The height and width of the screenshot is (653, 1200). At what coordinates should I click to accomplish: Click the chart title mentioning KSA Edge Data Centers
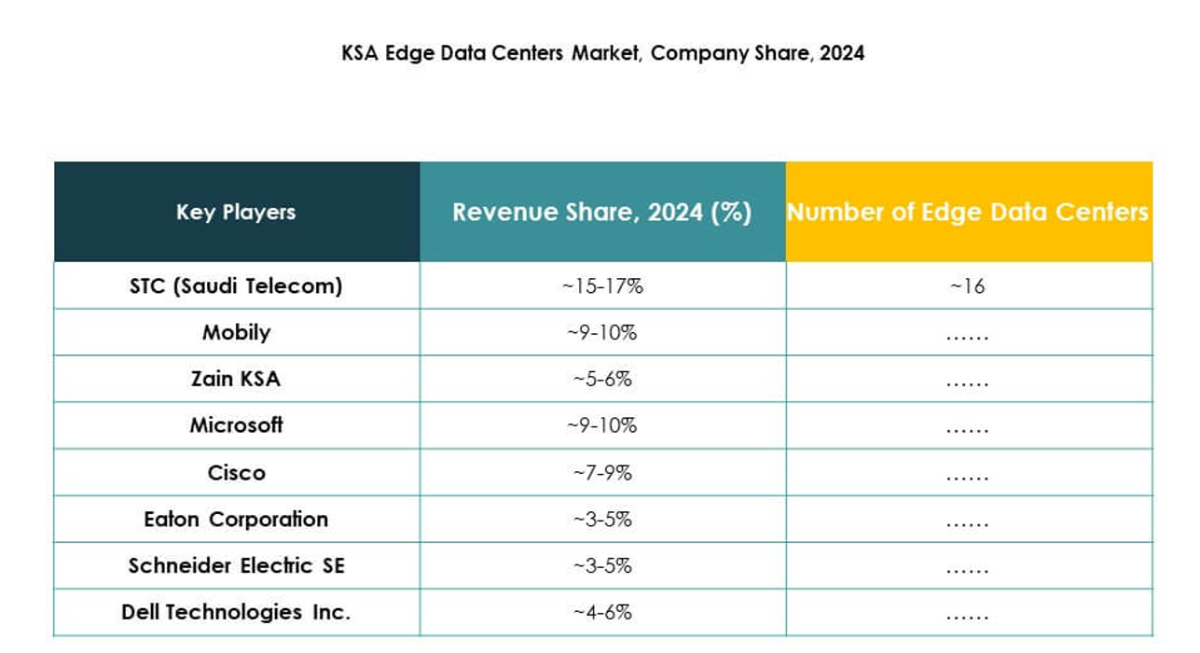(x=603, y=53)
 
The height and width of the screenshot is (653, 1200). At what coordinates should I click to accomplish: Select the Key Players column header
(x=236, y=212)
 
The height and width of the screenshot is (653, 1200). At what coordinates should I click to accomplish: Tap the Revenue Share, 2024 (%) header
(x=601, y=212)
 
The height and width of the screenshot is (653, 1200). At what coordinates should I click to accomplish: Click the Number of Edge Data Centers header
(x=968, y=212)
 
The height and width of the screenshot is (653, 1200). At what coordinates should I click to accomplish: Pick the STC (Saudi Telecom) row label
(x=236, y=285)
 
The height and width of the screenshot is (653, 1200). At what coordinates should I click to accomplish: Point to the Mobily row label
(x=236, y=332)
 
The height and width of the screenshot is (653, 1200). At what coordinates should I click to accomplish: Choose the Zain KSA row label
(x=236, y=379)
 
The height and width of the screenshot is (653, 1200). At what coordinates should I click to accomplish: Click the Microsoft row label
(x=236, y=425)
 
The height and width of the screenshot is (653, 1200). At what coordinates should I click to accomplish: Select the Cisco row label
(x=236, y=472)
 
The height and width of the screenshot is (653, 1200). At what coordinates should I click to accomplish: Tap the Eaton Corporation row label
(x=236, y=519)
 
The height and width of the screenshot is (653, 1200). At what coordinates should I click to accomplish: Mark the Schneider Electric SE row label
(x=236, y=565)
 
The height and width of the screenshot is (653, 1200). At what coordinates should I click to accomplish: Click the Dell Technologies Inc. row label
(x=236, y=612)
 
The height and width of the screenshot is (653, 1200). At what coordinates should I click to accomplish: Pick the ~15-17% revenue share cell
(x=602, y=285)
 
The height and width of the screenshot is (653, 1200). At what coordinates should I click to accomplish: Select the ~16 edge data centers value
(x=967, y=285)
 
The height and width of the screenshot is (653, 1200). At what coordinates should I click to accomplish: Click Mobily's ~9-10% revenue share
(x=602, y=332)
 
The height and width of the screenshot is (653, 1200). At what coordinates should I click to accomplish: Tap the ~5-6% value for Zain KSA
(x=602, y=379)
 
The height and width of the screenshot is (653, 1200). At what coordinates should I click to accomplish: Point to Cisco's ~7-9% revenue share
(x=602, y=472)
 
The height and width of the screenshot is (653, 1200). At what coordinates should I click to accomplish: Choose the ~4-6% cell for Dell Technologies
(x=602, y=612)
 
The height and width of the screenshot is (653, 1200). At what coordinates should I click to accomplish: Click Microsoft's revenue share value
(x=602, y=425)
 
